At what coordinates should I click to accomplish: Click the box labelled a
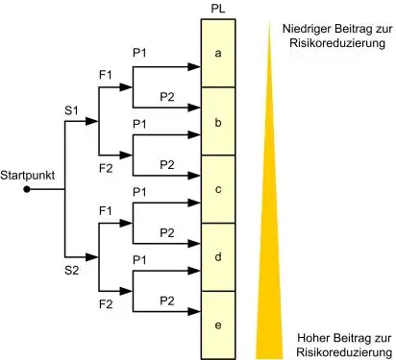tap(218, 54)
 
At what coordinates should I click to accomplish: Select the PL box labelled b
tap(218, 122)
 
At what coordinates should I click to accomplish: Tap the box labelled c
tap(218, 189)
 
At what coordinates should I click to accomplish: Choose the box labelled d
tap(218, 256)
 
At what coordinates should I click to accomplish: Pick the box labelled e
tap(218, 324)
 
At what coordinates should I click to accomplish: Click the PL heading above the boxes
tap(217, 10)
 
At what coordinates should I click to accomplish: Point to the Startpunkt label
tap(27, 176)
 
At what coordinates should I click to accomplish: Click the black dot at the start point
tap(27, 189)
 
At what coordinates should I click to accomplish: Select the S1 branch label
tap(71, 110)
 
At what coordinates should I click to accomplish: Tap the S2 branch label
tap(71, 271)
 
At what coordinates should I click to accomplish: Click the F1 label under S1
tap(107, 73)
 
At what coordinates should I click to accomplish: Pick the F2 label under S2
tap(107, 304)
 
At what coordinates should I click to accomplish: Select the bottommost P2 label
tap(166, 300)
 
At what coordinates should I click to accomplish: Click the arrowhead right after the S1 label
tap(92, 122)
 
